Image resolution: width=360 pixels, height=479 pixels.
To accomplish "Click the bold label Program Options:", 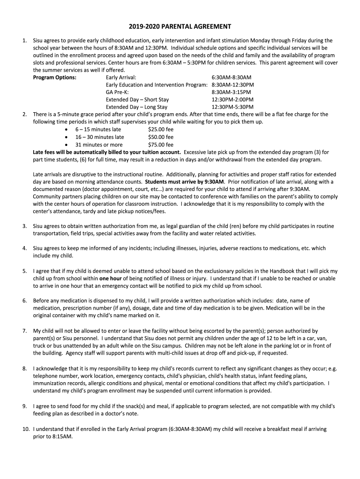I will pos(55,77).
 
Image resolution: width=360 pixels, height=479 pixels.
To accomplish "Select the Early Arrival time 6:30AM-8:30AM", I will pos(231,77).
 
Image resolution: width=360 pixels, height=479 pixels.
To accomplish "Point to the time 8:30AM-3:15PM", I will pos(231,92).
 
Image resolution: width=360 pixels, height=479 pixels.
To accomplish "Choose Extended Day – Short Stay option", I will pos(137,100).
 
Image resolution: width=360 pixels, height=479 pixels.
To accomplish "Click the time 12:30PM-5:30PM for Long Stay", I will pos(232,107).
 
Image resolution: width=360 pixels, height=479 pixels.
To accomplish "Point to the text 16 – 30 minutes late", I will pos(100,137).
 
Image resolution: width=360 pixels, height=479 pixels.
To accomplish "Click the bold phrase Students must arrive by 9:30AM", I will pos(185,181).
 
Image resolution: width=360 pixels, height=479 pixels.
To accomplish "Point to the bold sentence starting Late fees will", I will pos(107,152).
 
